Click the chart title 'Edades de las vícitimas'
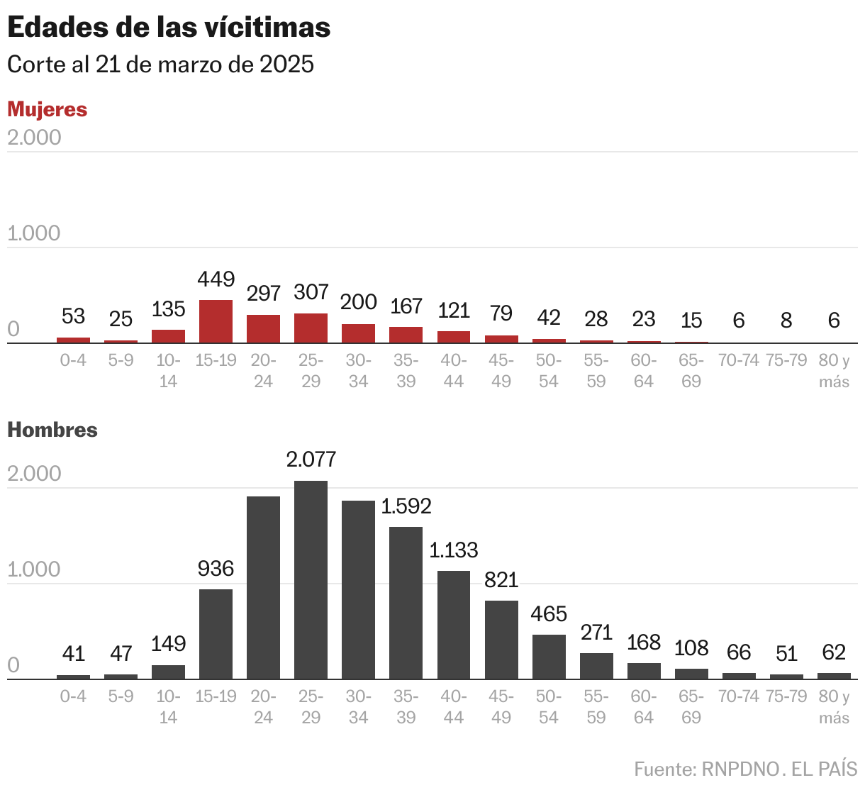click(x=169, y=28)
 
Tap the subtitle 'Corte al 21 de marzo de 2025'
click(x=160, y=65)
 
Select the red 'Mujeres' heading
click(x=48, y=109)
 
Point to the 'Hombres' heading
click(x=52, y=430)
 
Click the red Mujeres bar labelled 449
click(x=216, y=322)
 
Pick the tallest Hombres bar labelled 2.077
click(x=311, y=580)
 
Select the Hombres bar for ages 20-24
click(x=263, y=588)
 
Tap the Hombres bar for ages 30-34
click(x=358, y=590)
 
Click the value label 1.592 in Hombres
click(x=406, y=506)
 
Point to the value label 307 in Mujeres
click(x=311, y=292)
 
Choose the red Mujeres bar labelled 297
click(x=263, y=329)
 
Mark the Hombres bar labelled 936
click(x=216, y=634)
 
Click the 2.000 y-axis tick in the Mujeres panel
click(x=34, y=138)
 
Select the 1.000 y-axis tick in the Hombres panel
click(x=34, y=569)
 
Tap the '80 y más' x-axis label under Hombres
click(x=834, y=707)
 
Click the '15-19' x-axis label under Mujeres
click(x=216, y=360)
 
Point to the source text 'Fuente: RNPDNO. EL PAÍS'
click(x=745, y=769)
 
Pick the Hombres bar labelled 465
click(x=549, y=657)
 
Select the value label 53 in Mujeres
click(x=73, y=316)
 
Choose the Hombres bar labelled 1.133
click(x=454, y=625)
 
